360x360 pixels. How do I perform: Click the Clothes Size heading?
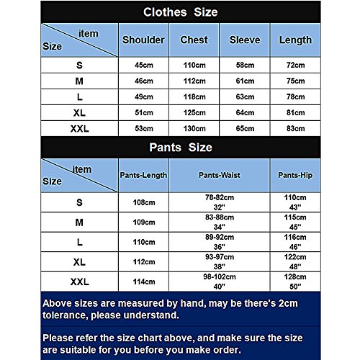point(180,12)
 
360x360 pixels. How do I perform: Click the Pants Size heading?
point(180,148)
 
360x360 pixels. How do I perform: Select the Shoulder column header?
point(144,40)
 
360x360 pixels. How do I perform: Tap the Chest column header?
point(194,40)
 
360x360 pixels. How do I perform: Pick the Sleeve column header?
point(245,40)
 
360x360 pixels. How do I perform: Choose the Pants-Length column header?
point(143,175)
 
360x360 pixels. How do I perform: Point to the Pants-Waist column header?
point(219,175)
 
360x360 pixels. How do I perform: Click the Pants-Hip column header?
point(295,175)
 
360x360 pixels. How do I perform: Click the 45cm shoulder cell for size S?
point(144,66)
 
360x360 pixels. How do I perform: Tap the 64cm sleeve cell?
point(245,113)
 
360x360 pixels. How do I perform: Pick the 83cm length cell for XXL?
point(295,128)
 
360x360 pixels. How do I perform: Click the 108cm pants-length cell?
point(143,202)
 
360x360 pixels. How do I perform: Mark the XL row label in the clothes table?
point(79,113)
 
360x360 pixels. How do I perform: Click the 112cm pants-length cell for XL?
point(143,261)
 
